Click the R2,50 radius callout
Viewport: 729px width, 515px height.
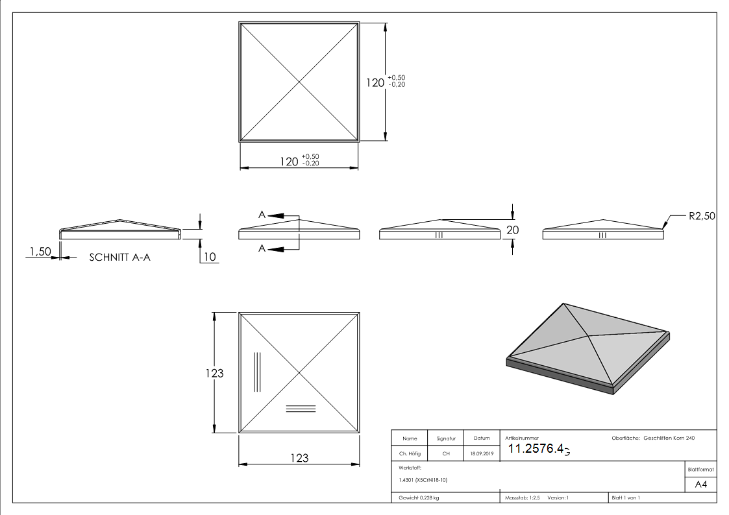(x=702, y=216)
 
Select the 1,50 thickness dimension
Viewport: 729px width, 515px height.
(x=40, y=252)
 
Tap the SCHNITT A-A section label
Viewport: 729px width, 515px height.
(x=121, y=257)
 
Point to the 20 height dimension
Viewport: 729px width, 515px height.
(x=513, y=230)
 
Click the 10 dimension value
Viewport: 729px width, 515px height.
(x=210, y=257)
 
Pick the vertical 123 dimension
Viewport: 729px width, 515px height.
(x=214, y=373)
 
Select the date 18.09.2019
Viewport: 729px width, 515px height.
(x=481, y=454)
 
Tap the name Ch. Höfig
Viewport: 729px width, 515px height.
(x=410, y=454)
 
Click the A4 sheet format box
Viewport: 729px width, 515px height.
(x=701, y=485)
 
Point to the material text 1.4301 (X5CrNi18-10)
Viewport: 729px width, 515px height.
(x=423, y=480)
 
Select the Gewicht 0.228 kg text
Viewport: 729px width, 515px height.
(x=419, y=497)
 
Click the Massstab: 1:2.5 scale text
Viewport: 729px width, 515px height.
(x=523, y=497)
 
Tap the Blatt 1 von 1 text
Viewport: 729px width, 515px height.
(x=626, y=497)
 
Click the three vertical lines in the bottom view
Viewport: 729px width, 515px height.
(x=257, y=372)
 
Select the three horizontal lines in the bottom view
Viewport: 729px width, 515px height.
(x=301, y=408)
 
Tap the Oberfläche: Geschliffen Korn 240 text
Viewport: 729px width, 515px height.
(x=653, y=438)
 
